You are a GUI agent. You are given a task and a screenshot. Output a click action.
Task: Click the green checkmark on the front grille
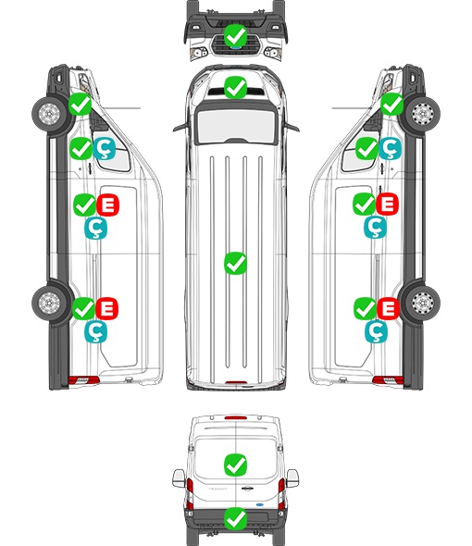(x=235, y=35)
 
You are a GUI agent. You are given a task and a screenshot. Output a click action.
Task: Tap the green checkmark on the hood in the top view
(x=235, y=88)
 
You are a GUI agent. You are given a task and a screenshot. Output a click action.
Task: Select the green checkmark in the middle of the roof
(x=235, y=263)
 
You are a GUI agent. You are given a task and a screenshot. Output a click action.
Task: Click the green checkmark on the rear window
(x=236, y=465)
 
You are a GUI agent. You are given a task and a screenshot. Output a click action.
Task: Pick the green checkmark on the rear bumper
(x=236, y=518)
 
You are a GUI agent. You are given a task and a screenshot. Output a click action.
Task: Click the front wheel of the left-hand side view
(x=49, y=114)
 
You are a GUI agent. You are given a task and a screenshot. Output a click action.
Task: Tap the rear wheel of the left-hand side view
(x=49, y=303)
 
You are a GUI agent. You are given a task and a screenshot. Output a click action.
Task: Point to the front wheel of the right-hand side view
(x=422, y=114)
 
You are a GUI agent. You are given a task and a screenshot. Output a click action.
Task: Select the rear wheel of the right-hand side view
(x=422, y=303)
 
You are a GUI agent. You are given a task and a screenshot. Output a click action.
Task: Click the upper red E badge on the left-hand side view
(x=108, y=205)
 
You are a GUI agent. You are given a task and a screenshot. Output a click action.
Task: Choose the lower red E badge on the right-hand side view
(x=388, y=308)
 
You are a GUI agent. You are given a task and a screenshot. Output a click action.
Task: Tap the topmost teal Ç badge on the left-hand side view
(x=105, y=148)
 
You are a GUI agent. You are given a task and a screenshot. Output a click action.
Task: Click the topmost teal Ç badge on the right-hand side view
(x=390, y=148)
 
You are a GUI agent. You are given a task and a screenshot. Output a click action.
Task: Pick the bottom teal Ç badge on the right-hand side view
(x=376, y=331)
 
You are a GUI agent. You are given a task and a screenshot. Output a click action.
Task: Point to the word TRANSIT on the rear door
(x=217, y=489)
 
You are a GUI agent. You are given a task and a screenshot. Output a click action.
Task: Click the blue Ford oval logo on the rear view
(x=259, y=504)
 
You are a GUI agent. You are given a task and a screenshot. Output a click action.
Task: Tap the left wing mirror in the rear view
(x=179, y=478)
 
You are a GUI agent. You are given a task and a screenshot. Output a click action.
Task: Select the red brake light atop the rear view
(x=236, y=417)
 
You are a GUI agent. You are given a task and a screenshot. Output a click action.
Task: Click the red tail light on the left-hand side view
(x=84, y=380)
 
